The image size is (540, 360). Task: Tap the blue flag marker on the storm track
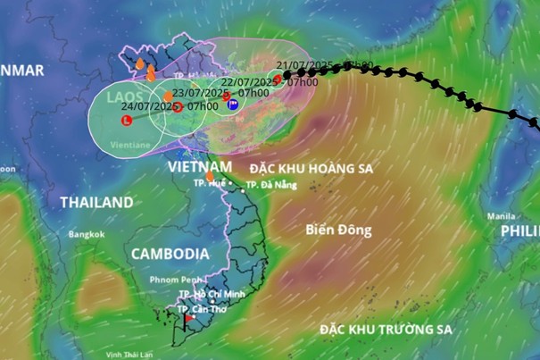point(232,105)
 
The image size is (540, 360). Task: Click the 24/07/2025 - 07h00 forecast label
point(169,106)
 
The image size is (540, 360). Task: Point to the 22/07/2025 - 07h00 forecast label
point(279,82)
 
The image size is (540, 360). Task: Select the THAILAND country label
point(96,203)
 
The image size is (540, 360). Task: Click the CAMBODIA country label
point(170,254)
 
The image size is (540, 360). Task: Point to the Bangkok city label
point(87,234)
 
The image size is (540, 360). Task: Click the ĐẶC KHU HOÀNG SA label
point(311,168)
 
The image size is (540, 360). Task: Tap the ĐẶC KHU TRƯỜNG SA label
point(386,330)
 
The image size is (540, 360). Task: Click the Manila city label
point(501,216)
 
